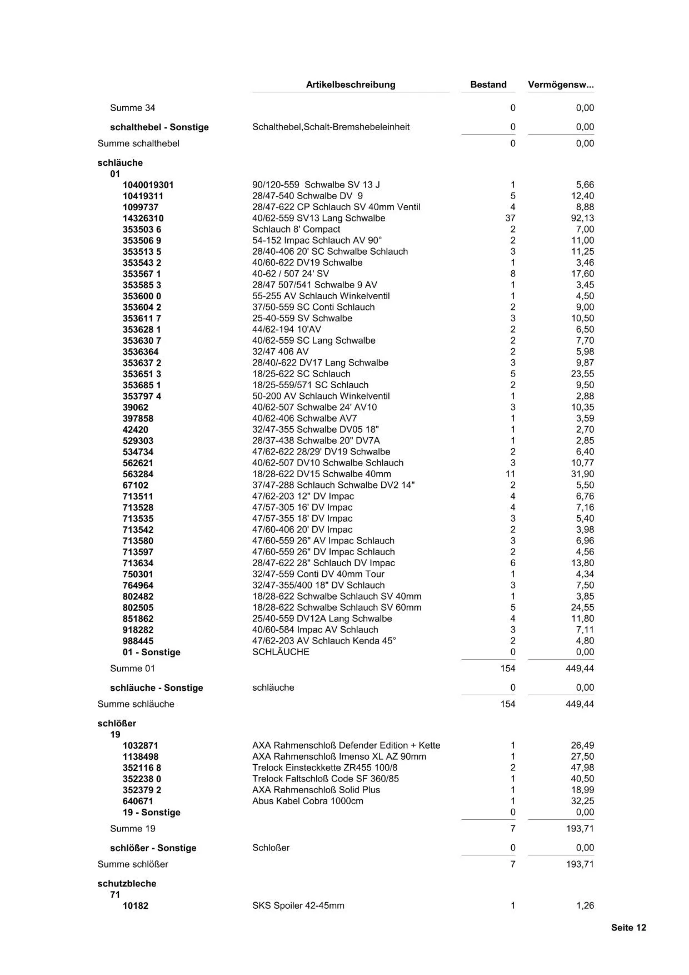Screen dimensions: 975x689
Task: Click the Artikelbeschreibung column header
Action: coord(351,85)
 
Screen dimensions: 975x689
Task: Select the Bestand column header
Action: coord(488,85)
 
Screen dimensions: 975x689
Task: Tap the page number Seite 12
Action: coord(628,927)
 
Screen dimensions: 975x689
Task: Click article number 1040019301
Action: coord(148,185)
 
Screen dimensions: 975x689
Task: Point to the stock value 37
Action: coord(510,218)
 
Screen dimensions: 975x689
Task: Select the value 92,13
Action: coord(582,218)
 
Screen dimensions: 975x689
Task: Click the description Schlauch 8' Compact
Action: coord(296,229)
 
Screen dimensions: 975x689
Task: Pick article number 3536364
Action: coord(141,352)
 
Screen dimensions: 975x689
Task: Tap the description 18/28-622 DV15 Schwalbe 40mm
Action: coord(322,474)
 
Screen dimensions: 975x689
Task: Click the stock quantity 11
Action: coord(510,474)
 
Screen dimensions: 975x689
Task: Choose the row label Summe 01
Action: coord(132,668)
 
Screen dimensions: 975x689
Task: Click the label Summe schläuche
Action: coord(136,704)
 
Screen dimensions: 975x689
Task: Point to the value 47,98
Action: coord(582,768)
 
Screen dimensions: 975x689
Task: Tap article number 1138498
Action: coord(141,756)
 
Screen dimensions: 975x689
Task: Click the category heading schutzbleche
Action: coord(127,883)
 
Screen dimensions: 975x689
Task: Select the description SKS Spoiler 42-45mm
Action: coord(298,905)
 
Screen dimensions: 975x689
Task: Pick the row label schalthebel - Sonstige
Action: coord(159,127)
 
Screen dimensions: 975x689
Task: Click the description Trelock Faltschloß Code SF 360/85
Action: coord(326,779)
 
